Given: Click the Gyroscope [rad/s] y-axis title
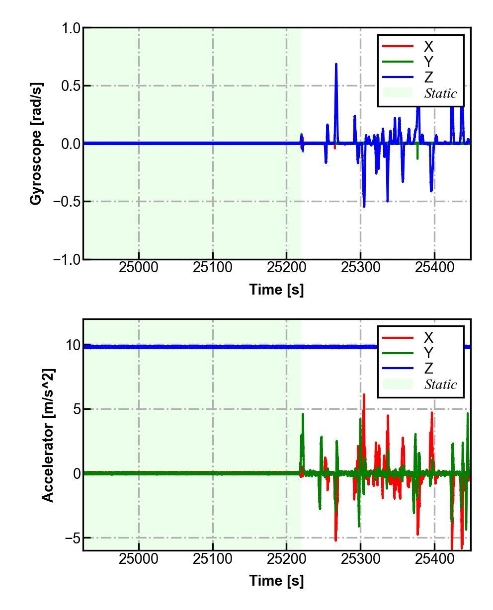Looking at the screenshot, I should tap(36, 144).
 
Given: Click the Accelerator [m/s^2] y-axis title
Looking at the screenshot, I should tap(48, 435).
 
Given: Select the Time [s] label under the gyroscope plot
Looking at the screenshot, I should tap(276, 289).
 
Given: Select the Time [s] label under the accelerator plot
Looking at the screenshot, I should tap(276, 580).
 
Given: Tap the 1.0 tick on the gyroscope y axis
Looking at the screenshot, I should tap(71, 28).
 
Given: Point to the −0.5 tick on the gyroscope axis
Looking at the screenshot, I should tap(66, 202).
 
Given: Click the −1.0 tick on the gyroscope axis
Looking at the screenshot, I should tap(66, 259).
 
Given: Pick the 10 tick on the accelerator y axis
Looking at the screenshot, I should tap(74, 345).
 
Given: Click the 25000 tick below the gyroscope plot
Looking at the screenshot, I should tap(139, 268).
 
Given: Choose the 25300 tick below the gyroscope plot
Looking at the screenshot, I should tap(360, 268).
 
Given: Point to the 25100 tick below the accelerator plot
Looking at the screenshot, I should tap(213, 559).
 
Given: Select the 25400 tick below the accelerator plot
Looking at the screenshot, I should tap(434, 559).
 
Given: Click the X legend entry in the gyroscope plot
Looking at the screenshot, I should tap(428, 47).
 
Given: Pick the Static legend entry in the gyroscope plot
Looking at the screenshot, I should tap(440, 93).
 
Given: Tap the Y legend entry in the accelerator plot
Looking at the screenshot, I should tap(428, 353).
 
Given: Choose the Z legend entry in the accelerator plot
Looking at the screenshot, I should tap(428, 368).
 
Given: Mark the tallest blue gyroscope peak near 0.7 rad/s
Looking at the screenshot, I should tap(336, 65).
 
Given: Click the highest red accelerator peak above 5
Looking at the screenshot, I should tap(364, 395).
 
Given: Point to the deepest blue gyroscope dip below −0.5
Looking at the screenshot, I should tap(364, 206).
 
